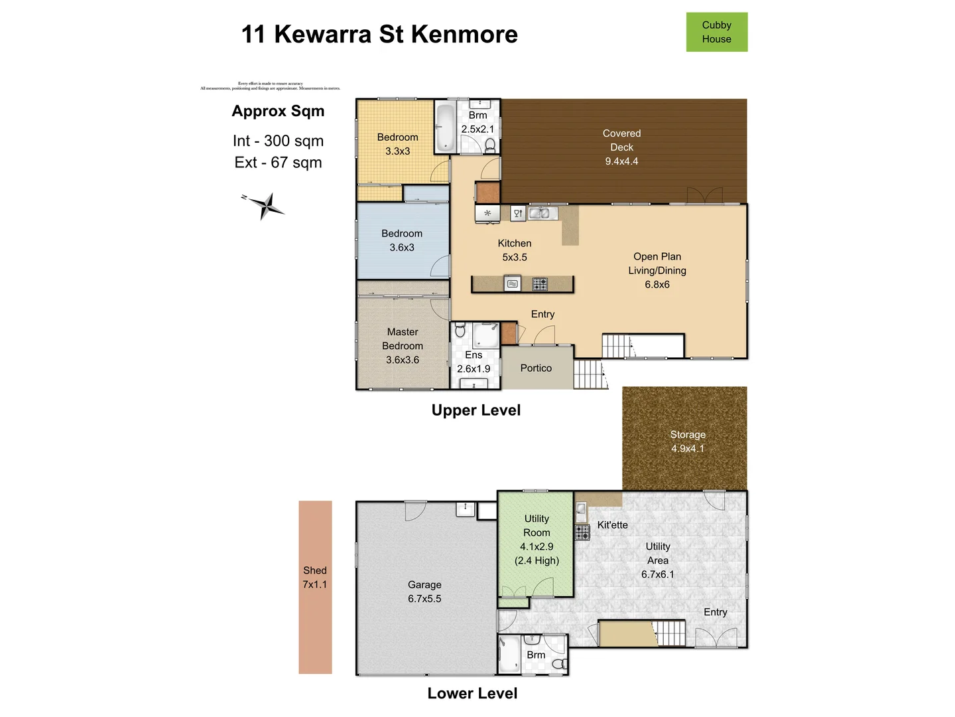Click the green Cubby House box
coord(716,32)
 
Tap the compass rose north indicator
coord(265,205)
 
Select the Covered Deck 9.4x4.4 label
coord(621,147)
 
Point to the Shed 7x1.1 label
coord(315,578)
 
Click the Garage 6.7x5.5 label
coord(424,592)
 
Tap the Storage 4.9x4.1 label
coord(688,441)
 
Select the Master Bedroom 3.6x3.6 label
coord(403,346)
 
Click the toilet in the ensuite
coord(460,330)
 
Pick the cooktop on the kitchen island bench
coord(540,284)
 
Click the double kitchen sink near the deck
coord(539,213)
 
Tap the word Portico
coord(536,368)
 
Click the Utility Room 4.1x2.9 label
coord(537,539)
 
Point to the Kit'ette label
coord(612,525)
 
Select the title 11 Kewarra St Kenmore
coord(379,35)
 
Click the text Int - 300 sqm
coord(278,141)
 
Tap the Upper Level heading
coord(476,410)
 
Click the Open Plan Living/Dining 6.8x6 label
coord(657,270)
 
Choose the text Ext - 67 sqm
coord(278,163)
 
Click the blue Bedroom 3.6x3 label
coord(402,240)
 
